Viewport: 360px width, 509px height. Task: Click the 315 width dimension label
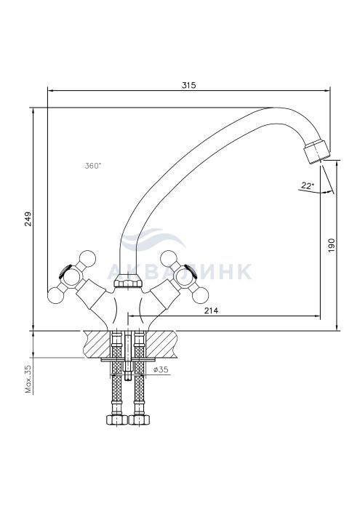(x=188, y=85)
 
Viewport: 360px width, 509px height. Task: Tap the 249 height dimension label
(x=28, y=219)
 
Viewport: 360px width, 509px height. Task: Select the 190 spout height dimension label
(x=331, y=246)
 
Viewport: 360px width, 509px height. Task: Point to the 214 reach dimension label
(x=212, y=310)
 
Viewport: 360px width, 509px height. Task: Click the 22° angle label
(x=308, y=185)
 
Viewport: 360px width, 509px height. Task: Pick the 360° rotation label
(x=93, y=166)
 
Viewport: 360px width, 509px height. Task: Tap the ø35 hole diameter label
(x=161, y=369)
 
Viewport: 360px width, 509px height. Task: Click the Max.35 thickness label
(x=28, y=379)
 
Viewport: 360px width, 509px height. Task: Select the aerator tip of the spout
(x=316, y=152)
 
